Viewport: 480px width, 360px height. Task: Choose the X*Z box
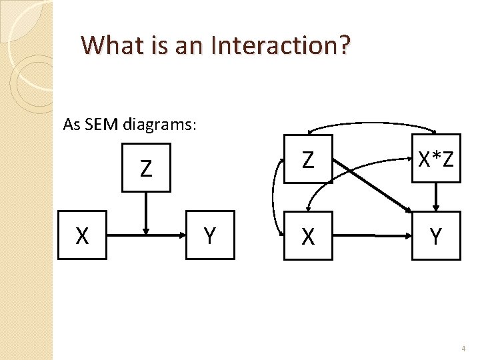click(x=435, y=159)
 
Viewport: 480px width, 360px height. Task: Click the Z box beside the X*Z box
click(x=307, y=159)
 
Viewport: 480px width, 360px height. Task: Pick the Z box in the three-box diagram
click(x=146, y=168)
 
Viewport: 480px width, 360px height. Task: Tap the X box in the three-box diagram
click(x=83, y=235)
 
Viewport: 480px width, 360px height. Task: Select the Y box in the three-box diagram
click(x=210, y=235)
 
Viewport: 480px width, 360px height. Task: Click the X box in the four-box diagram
click(x=307, y=235)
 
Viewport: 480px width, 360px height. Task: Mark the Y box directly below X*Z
click(x=435, y=235)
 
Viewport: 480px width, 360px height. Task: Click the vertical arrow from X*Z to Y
click(x=435, y=197)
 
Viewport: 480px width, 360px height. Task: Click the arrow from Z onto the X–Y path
click(x=147, y=213)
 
